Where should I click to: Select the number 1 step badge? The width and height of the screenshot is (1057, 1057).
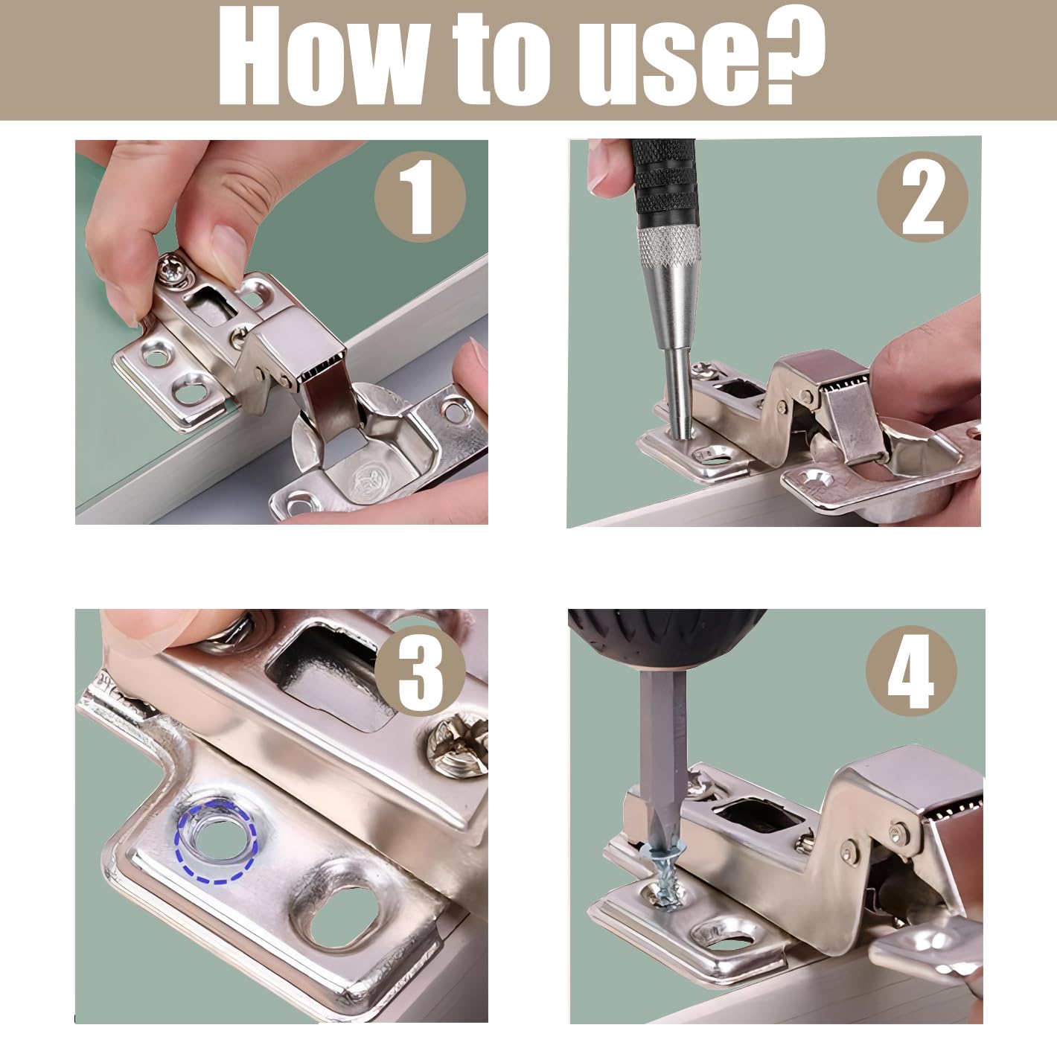420,197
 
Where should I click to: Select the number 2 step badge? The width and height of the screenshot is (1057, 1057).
922,197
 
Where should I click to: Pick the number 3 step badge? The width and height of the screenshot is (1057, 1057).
420,671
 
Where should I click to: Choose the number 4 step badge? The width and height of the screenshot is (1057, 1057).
911,671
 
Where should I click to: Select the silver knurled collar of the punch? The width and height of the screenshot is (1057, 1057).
668,246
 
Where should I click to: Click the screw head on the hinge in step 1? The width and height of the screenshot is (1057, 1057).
175,269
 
